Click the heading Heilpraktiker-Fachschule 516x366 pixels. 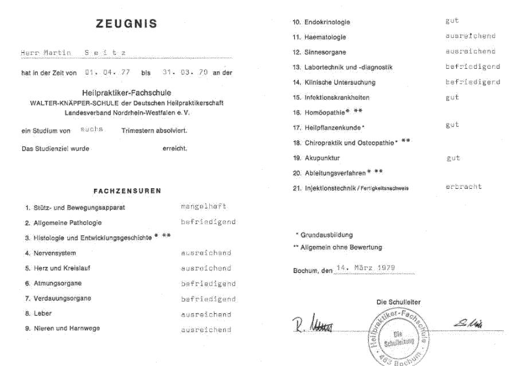127,92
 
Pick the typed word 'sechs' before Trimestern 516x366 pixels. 92,130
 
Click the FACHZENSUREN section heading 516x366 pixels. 127,190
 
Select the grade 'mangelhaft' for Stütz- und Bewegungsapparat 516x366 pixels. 204,207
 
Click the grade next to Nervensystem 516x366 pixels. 206,253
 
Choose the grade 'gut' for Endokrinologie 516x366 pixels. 452,21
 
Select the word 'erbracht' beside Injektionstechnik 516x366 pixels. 463,186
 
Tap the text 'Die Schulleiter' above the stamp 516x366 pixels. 399,302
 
